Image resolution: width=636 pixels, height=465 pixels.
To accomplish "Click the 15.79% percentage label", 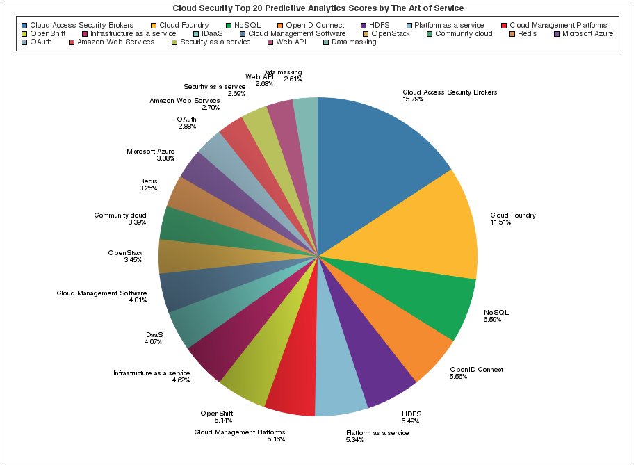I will (413, 99).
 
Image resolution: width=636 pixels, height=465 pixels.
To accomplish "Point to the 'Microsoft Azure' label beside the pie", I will (151, 151).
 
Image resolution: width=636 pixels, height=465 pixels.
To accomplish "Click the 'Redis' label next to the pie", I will (148, 181).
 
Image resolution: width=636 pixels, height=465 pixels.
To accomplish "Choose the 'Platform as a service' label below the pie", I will (377, 432).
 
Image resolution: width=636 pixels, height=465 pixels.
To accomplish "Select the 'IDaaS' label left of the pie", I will (153, 334).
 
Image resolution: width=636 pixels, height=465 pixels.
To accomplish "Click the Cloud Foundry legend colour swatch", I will (154, 26).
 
